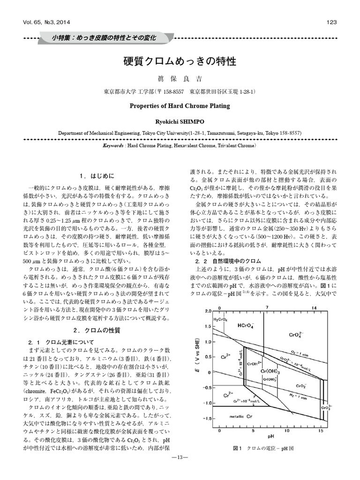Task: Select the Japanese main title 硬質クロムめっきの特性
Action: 180,61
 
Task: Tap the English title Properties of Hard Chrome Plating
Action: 180,106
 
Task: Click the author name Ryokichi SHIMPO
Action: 180,121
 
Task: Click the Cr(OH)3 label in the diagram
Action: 270,371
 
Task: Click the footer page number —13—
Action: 180,470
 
